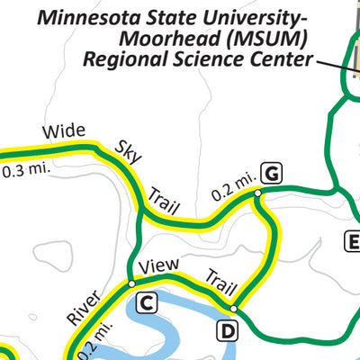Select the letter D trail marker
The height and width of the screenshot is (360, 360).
(229, 331)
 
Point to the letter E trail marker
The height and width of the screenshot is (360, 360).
(353, 240)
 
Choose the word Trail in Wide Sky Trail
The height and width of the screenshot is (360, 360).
(163, 199)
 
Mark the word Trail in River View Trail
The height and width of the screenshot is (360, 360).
(221, 283)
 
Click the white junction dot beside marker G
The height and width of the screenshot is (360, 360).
(257, 193)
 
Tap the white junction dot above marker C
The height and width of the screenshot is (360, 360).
(132, 283)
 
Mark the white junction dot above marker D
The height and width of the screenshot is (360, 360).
(233, 309)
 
